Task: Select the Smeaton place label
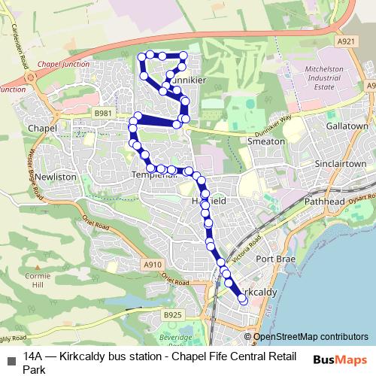click(x=266, y=141)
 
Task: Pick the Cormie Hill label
click(x=35, y=280)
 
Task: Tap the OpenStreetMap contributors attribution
click(x=311, y=338)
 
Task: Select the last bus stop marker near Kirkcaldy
click(x=243, y=299)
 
